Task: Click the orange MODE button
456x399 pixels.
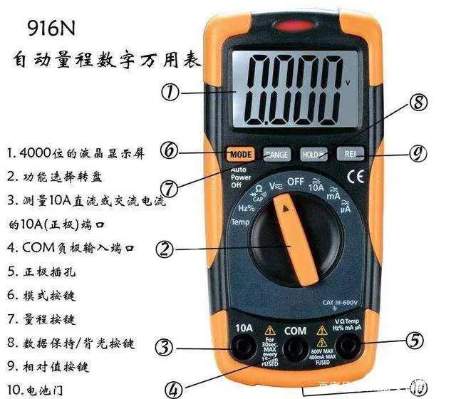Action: click(x=240, y=153)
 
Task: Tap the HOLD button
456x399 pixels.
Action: click(x=311, y=153)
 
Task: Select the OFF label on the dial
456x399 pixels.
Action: click(x=295, y=182)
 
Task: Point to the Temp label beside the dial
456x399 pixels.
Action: click(x=240, y=222)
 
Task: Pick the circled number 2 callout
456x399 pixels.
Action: click(x=165, y=249)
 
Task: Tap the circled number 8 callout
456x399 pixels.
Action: click(x=419, y=105)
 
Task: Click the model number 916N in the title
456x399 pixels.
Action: click(x=54, y=29)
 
